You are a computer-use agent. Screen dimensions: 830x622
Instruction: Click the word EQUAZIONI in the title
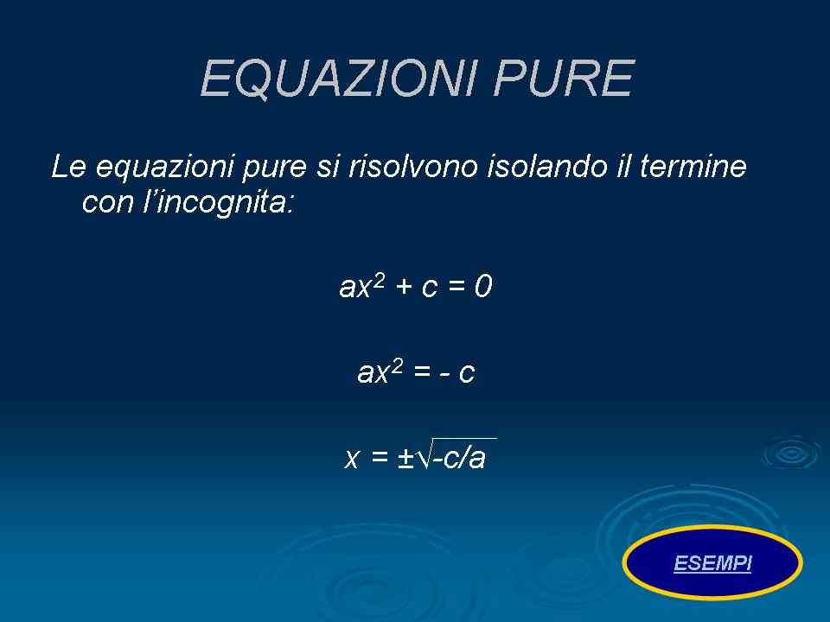[339, 79]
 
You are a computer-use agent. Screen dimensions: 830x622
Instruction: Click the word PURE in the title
[564, 79]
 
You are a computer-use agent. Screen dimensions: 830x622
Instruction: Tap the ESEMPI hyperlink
[712, 563]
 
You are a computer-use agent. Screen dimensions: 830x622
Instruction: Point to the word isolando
[546, 166]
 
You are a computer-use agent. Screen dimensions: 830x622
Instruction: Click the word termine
[693, 166]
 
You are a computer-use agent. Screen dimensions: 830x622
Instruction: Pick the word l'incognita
[218, 202]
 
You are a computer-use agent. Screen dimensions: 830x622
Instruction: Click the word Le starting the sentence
[69, 166]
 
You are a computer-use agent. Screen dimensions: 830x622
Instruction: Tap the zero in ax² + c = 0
[482, 286]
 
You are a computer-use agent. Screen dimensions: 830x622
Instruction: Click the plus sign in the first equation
[404, 287]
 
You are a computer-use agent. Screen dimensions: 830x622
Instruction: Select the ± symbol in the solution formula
[405, 458]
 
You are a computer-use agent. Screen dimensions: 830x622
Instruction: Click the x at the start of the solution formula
[352, 458]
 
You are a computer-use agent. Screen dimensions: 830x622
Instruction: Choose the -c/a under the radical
[459, 458]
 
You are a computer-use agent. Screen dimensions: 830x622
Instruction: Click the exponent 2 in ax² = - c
[397, 366]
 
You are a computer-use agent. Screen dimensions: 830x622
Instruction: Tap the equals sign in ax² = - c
[422, 371]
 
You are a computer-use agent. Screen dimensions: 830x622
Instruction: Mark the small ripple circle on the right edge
[791, 454]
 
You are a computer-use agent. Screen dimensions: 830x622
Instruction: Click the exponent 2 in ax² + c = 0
[379, 281]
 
